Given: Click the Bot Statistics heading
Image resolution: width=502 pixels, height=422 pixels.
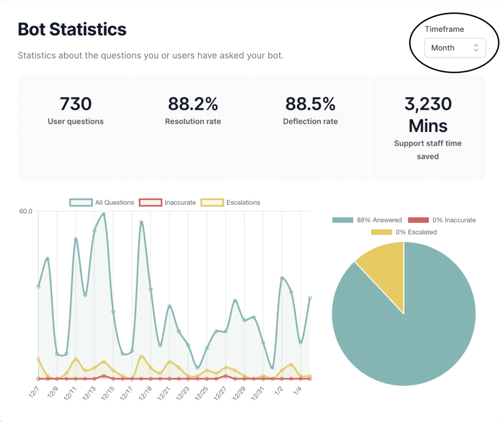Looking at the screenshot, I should coord(72,29).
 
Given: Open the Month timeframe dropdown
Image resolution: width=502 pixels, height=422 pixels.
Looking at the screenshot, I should coord(455,48).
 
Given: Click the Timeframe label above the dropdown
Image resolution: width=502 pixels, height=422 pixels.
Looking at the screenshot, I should coord(444,29).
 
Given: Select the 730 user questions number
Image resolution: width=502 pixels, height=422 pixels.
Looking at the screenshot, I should coord(75,104).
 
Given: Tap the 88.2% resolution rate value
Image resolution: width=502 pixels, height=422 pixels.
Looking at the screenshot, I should coord(193,104).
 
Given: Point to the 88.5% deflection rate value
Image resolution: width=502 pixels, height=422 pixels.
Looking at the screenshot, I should coord(310,104).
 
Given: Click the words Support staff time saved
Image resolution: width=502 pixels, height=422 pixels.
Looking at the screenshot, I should coord(428,150).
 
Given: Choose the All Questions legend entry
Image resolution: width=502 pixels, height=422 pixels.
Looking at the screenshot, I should coord(102,202).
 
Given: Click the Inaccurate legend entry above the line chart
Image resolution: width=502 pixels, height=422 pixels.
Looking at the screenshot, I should coord(168,202).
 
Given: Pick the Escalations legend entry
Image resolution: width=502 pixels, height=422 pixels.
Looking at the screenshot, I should coord(230,202).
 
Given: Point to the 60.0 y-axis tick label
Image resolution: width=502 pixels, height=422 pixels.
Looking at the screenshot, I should coord(25,212).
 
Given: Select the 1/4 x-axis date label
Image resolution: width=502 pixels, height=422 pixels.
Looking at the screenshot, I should coord(297,391).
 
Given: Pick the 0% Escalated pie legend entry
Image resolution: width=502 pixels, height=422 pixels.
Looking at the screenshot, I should coord(404,232).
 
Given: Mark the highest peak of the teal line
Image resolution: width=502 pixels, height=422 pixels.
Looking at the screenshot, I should coord(104,214).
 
